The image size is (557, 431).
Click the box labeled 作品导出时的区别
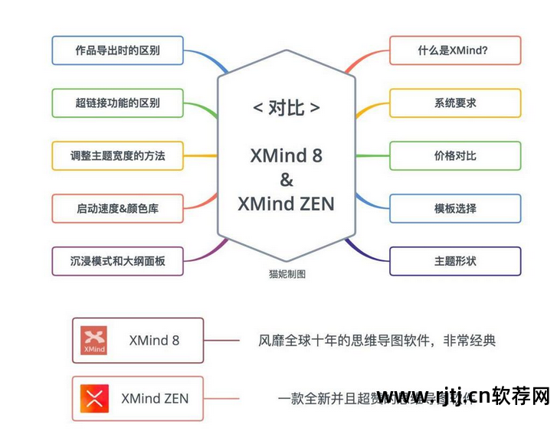click(x=117, y=51)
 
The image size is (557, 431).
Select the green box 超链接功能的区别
click(x=117, y=103)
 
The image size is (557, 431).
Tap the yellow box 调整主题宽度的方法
click(x=117, y=155)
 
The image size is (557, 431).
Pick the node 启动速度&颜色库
click(x=117, y=208)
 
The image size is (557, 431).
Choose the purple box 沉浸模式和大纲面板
click(x=117, y=261)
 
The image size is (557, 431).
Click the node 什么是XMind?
click(x=454, y=51)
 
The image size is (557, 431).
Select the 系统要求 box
click(x=454, y=103)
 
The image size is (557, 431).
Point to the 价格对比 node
click(x=454, y=155)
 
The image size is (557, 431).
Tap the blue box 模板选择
click(x=454, y=208)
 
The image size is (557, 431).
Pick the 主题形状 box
click(x=454, y=261)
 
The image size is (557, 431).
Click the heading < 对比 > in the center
click(x=286, y=108)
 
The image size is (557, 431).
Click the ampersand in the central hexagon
click(x=286, y=180)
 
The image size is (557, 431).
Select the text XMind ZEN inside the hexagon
click(x=286, y=204)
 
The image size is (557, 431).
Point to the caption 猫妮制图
click(x=287, y=274)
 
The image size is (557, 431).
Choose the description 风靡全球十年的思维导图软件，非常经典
click(x=376, y=340)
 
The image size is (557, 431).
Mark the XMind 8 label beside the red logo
click(x=154, y=340)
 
